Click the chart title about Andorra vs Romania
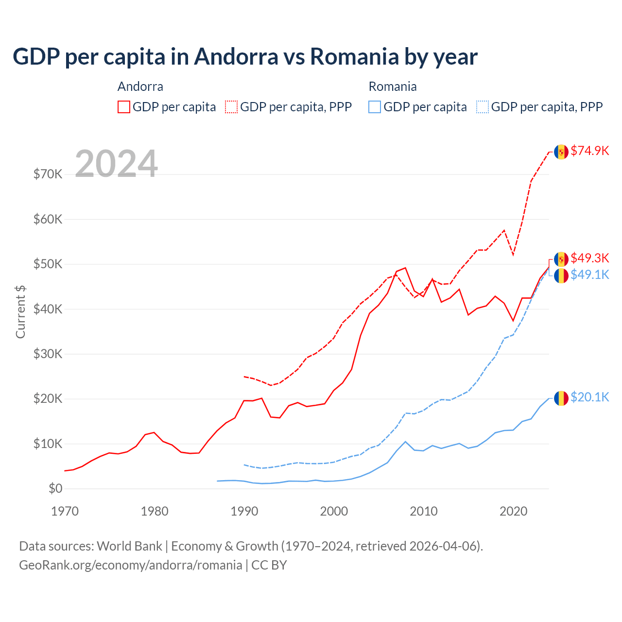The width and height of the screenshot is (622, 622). [x=245, y=57]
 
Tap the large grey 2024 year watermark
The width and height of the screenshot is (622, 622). [x=116, y=164]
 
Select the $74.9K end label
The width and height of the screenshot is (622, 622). [x=589, y=151]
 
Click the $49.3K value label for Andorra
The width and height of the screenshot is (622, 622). [x=589, y=258]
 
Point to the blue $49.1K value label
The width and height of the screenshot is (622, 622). [x=589, y=275]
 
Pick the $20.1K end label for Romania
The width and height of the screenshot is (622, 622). [x=589, y=397]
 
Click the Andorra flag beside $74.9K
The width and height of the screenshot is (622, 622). [x=561, y=152]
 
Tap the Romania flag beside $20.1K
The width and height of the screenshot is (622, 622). [x=561, y=398]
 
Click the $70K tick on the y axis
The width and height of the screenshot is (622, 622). [x=48, y=174]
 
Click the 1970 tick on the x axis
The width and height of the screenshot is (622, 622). [x=65, y=511]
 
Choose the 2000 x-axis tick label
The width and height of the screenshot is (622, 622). [x=334, y=511]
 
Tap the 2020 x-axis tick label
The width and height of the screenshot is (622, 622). [x=513, y=511]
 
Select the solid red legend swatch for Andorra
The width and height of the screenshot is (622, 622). [x=124, y=107]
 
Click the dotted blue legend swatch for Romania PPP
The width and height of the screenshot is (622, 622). [x=483, y=107]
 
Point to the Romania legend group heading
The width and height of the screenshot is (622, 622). [x=393, y=86]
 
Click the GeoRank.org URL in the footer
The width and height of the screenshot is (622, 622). [x=130, y=565]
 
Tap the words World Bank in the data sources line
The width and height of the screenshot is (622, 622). [x=129, y=546]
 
